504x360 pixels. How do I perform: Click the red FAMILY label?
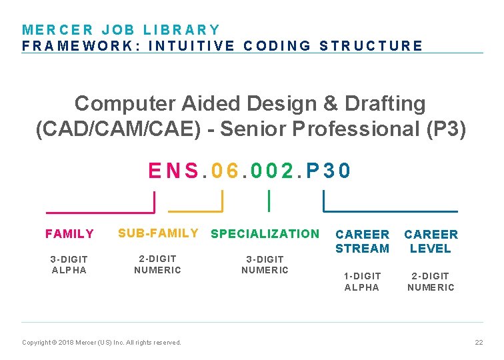tap(69, 234)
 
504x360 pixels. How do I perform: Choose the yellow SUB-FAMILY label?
tap(158, 233)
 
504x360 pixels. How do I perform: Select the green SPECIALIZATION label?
tap(265, 233)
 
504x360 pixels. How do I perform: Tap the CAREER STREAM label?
tap(362, 241)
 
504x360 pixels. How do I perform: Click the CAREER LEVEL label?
tap(431, 241)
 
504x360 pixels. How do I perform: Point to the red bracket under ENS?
tap(100, 211)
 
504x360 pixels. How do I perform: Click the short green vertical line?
tap(268, 200)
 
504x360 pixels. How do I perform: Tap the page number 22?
tap(478, 342)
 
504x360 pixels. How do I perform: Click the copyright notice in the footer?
tap(101, 342)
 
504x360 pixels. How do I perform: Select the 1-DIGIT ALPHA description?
tap(362, 281)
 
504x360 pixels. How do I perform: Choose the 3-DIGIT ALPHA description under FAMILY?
tap(69, 264)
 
